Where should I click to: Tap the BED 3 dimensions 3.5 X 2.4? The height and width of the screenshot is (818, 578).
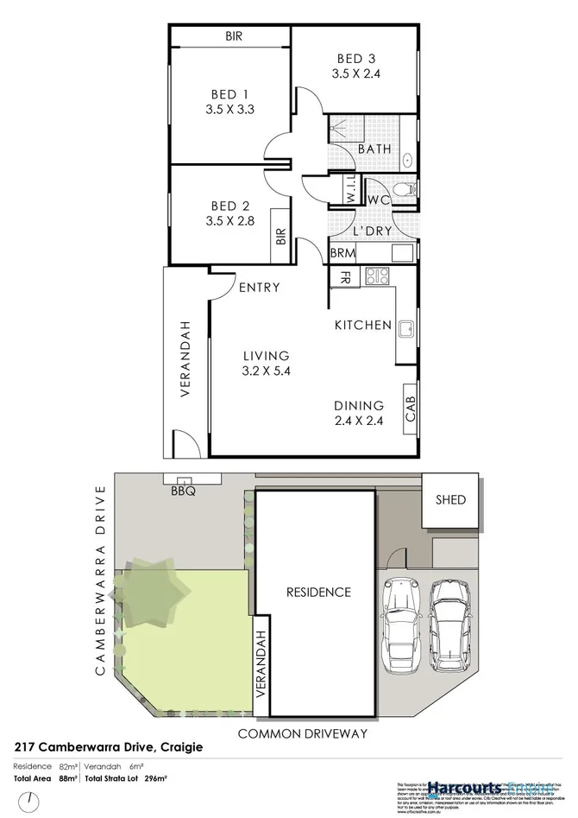tap(355, 73)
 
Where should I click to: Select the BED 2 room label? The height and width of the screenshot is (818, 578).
tap(229, 206)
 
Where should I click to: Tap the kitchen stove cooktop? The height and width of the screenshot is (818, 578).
tap(378, 276)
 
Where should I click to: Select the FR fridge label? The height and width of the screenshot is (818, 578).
tap(344, 277)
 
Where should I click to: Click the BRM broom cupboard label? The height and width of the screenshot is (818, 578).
tap(342, 253)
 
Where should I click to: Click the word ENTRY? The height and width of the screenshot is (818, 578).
tap(259, 288)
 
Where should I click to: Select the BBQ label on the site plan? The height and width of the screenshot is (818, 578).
tap(184, 491)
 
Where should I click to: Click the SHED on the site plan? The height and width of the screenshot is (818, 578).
tap(450, 499)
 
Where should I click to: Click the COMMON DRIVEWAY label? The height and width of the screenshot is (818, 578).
tap(302, 732)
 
